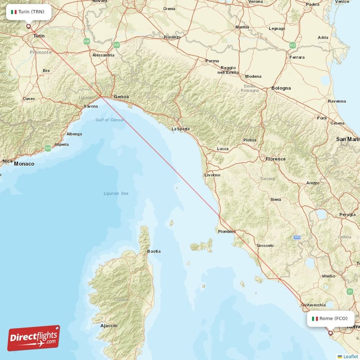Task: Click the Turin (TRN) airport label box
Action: tap(28, 12)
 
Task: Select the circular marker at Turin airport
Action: tap(29, 26)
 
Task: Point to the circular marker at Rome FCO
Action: tap(331, 333)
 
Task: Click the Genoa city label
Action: tap(121, 97)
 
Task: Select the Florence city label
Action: tap(275, 159)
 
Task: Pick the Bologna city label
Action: tap(281, 88)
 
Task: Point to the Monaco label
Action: tap(24, 164)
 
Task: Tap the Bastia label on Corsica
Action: tap(154, 251)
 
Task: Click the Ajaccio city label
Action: tap(109, 325)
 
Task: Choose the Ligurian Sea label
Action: tap(116, 193)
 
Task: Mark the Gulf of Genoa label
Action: tap(109, 120)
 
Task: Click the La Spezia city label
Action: tap(180, 129)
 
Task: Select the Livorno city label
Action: tap(212, 175)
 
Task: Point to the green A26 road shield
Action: tap(87, 41)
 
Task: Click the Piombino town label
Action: tap(227, 231)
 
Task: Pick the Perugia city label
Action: tap(347, 215)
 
